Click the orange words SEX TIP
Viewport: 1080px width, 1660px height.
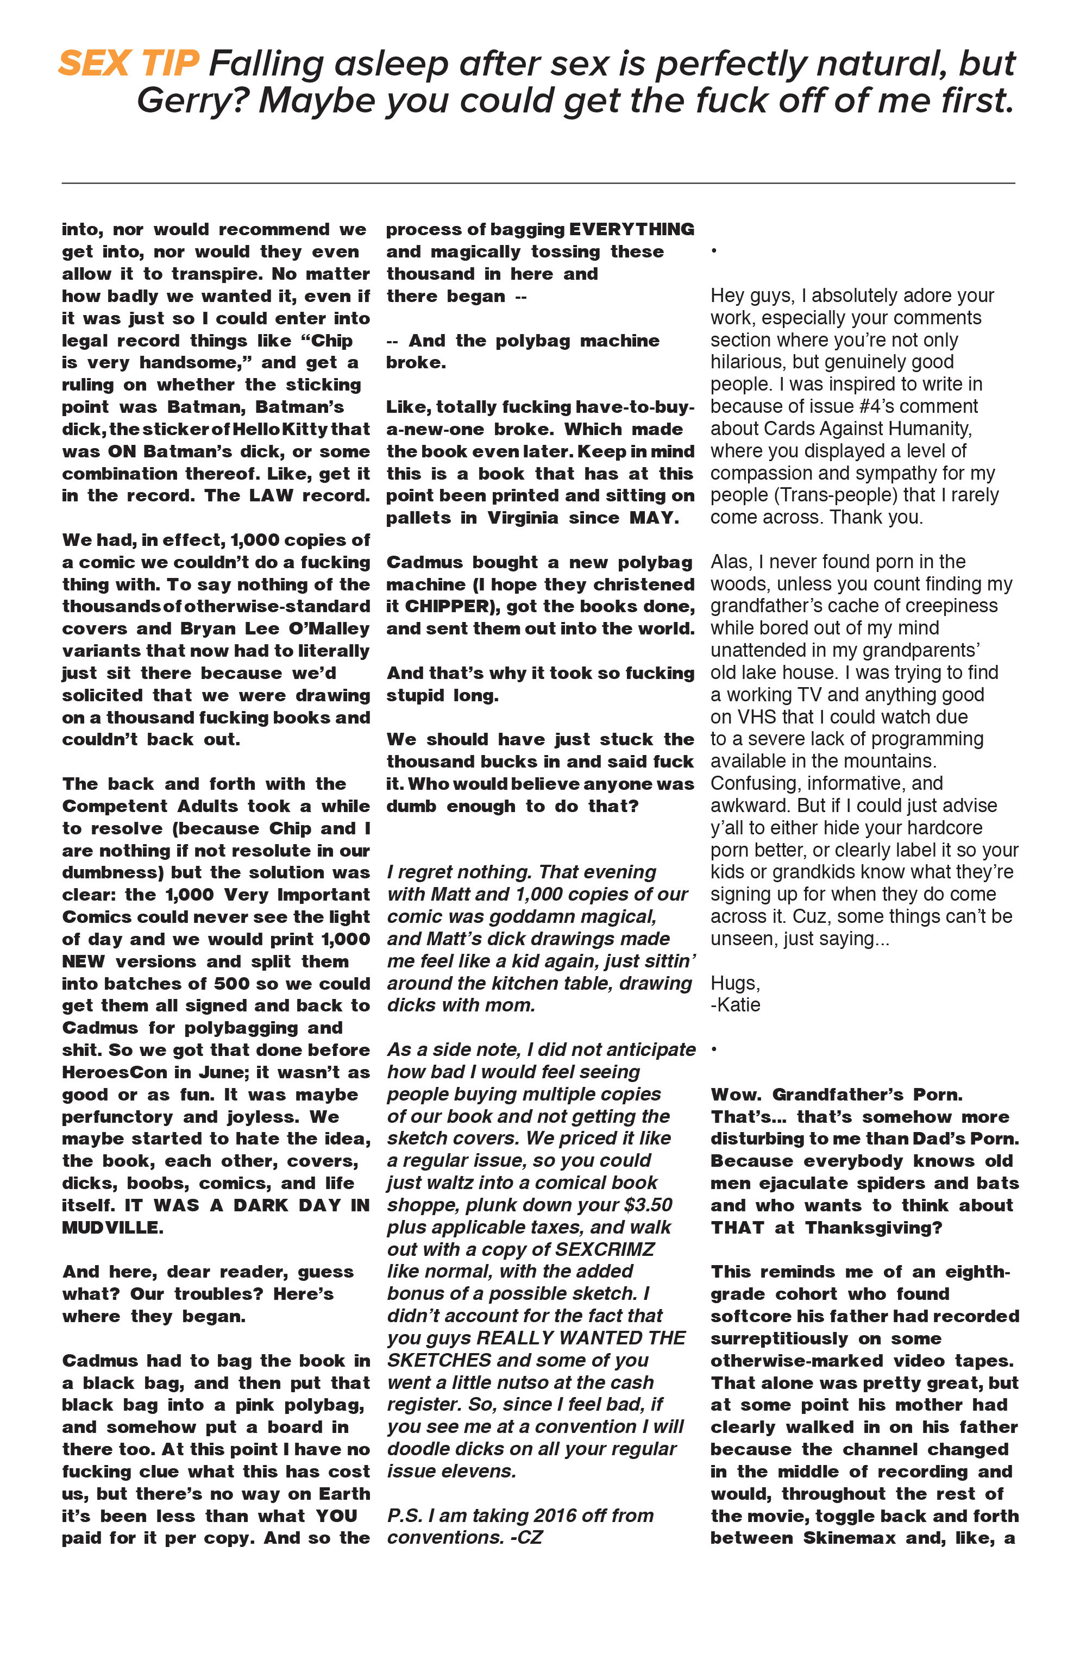(129, 64)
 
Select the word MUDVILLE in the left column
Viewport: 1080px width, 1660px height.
(112, 1228)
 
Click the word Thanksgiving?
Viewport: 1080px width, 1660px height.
(873, 1228)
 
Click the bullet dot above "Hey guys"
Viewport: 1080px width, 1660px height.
(714, 251)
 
